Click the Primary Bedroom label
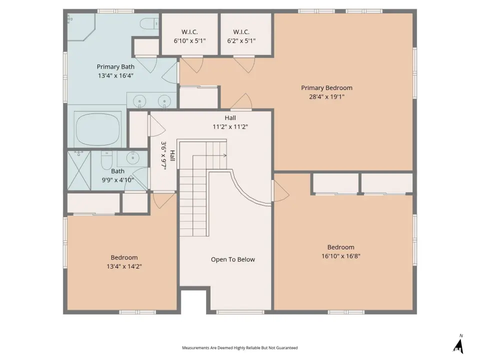tap(326, 88)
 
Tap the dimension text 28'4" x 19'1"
tap(326, 96)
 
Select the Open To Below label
tap(232, 259)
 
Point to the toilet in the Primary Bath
tap(149, 23)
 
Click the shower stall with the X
tap(79, 170)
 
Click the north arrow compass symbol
tap(458, 344)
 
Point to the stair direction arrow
tap(209, 155)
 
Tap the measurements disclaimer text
tap(239, 348)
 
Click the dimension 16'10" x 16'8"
tap(340, 256)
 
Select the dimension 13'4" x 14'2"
tap(124, 266)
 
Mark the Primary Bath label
tap(115, 66)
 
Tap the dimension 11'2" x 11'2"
tap(230, 126)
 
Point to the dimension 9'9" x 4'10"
tap(117, 180)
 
